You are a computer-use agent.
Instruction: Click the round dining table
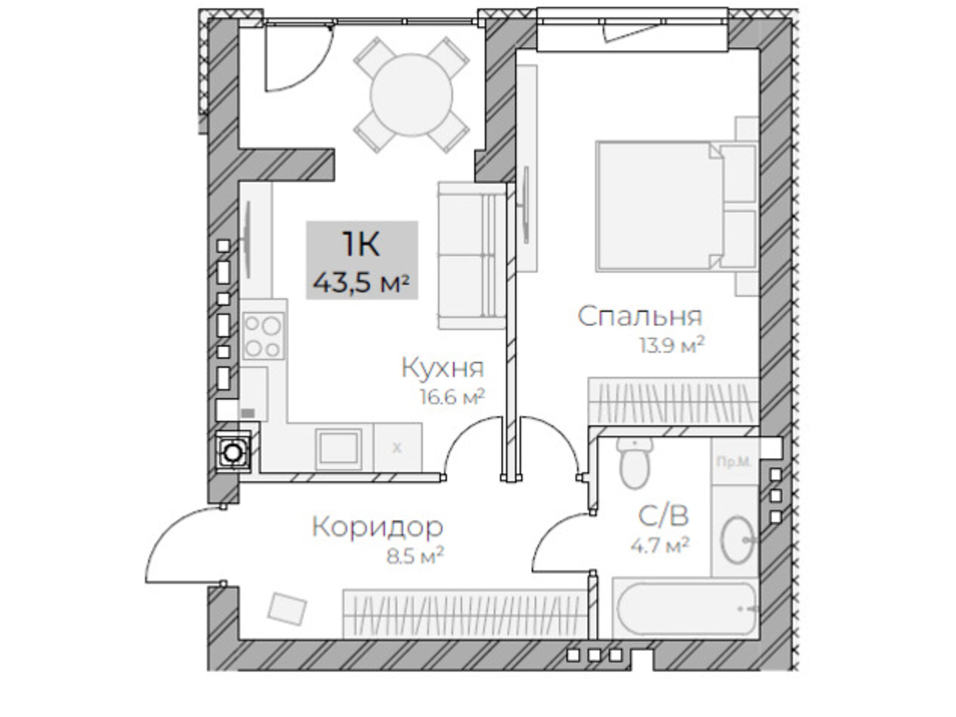[411, 96]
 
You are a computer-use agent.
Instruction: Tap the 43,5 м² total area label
[361, 282]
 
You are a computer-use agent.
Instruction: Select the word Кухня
[442, 368]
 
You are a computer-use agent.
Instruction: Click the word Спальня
[640, 317]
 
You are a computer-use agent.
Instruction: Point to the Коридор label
[378, 527]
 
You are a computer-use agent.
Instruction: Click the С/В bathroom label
[664, 515]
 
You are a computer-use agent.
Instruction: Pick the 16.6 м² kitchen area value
[452, 397]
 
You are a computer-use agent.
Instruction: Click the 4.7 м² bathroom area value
[660, 545]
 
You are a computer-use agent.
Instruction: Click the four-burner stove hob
[263, 336]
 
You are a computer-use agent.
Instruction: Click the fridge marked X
[397, 448]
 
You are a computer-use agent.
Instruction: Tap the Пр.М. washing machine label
[734, 461]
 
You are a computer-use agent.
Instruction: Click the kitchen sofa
[470, 256]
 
